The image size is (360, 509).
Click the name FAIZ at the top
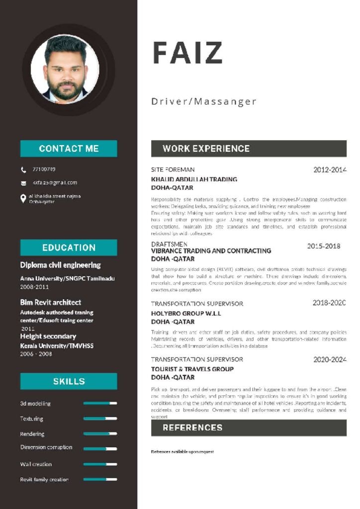(187, 52)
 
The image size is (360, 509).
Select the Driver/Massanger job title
(204, 102)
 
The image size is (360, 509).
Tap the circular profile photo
(65, 69)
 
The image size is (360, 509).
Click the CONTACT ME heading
(69, 149)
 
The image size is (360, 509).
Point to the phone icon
(23, 170)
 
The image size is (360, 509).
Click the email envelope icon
(23, 183)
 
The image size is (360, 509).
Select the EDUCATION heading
(69, 248)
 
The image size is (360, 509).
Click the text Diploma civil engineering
(60, 265)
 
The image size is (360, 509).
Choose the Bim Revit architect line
(51, 302)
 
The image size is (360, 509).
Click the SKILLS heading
(69, 381)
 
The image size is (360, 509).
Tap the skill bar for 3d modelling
(100, 403)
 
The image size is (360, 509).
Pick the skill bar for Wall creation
(100, 464)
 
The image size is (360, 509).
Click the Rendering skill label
(32, 434)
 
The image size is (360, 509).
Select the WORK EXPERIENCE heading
(206, 149)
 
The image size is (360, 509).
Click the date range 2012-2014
(330, 170)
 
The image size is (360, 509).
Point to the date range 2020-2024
(330, 359)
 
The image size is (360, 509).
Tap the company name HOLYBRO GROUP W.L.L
(186, 314)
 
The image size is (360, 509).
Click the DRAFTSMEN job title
(169, 244)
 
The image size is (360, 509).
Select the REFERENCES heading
(192, 427)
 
